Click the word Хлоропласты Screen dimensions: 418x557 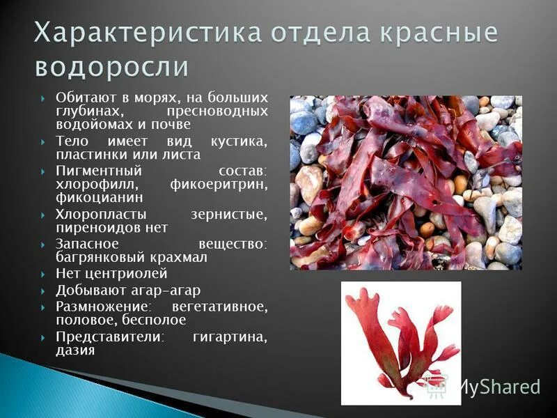(96, 215)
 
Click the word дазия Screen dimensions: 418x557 (75, 350)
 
